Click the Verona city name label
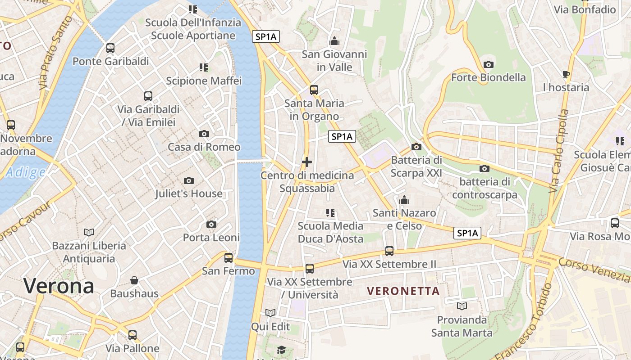pyautogui.click(x=59, y=286)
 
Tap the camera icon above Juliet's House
pyautogui.click(x=189, y=180)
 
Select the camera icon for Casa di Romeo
pyautogui.click(x=204, y=134)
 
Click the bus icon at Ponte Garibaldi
pyautogui.click(x=110, y=48)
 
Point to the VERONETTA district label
pyautogui.click(x=403, y=291)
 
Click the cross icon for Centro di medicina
pyautogui.click(x=307, y=162)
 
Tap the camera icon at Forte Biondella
pyautogui.click(x=488, y=64)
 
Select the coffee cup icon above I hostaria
pyautogui.click(x=566, y=74)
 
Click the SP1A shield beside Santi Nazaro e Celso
pyautogui.click(x=467, y=233)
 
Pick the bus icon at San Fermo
pyautogui.click(x=229, y=257)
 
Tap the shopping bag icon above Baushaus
pyautogui.click(x=134, y=280)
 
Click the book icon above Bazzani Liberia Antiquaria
pyautogui.click(x=89, y=232)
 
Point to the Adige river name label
pyautogui.click(x=26, y=172)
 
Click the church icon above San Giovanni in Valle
pyautogui.click(x=334, y=41)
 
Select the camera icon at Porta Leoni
pyautogui.click(x=211, y=224)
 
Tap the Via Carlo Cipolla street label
pyautogui.click(x=559, y=151)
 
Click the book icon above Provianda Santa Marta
pyautogui.click(x=462, y=306)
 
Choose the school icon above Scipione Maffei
pyautogui.click(x=204, y=67)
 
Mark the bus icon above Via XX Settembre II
pyautogui.click(x=389, y=251)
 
